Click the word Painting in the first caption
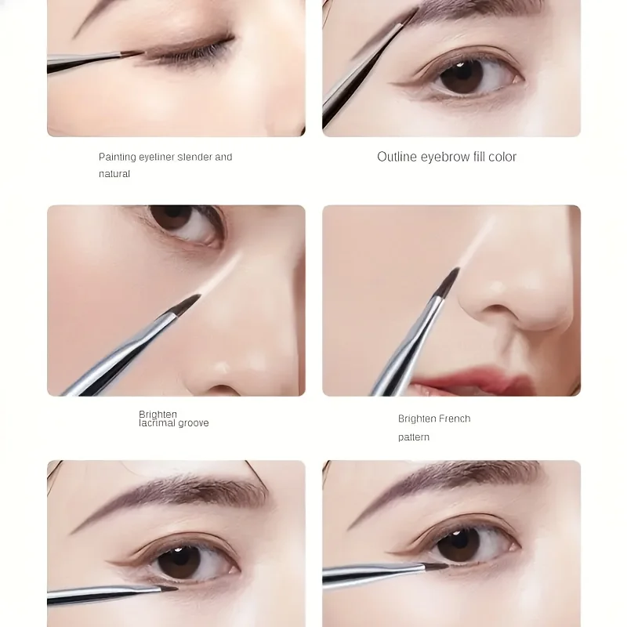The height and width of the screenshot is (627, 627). tap(118, 157)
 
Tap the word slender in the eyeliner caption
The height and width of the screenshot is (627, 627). tap(194, 157)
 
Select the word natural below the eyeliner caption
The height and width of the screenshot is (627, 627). tap(114, 174)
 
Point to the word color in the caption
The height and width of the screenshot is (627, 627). tap(502, 157)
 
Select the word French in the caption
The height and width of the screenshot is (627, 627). tap(455, 419)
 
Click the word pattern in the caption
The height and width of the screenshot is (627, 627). tap(414, 437)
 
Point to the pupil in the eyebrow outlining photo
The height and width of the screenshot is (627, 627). tap(462, 76)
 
